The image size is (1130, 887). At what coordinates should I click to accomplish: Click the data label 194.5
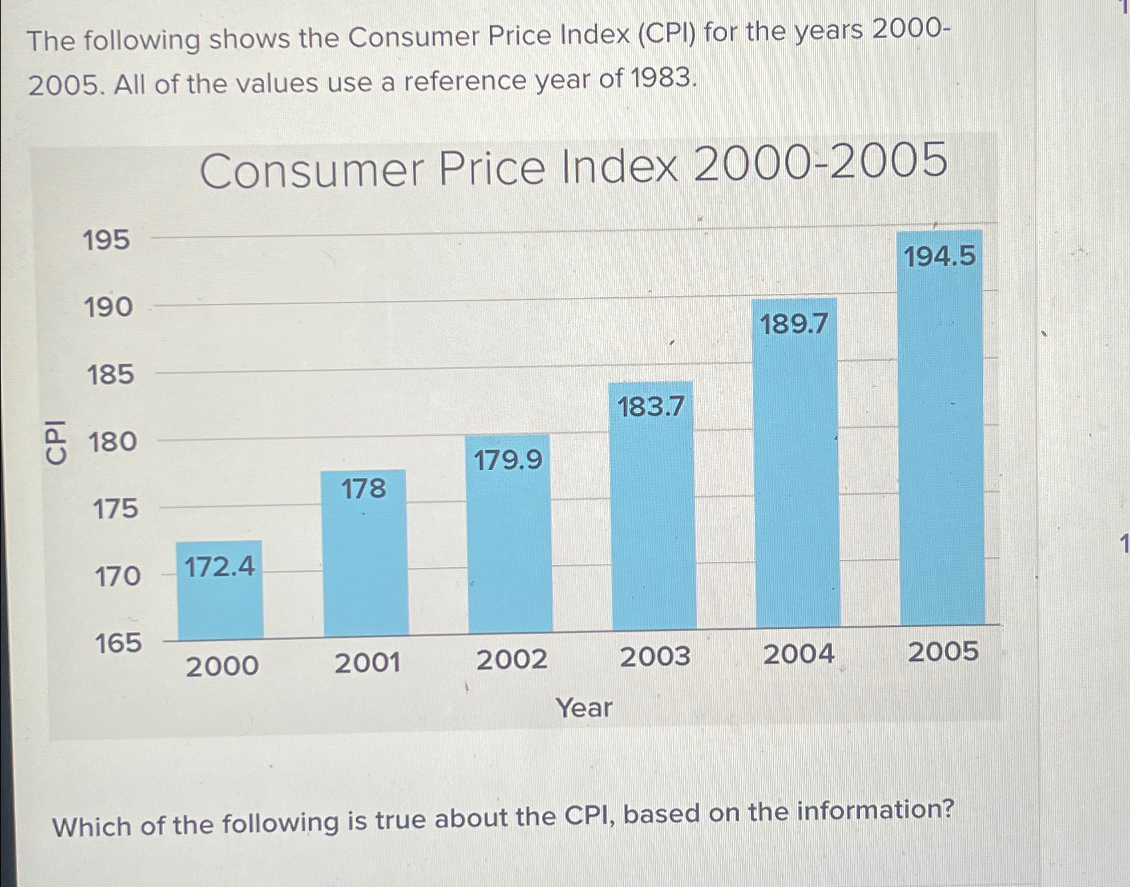(939, 256)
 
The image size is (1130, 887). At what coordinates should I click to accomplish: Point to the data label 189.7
(794, 324)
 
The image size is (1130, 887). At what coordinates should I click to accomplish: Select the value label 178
(363, 489)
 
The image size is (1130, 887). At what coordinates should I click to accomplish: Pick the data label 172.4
(219, 567)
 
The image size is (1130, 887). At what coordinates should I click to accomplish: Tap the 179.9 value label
(508, 459)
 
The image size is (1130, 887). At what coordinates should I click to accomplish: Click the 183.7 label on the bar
(650, 406)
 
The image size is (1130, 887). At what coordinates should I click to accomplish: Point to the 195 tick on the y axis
(106, 240)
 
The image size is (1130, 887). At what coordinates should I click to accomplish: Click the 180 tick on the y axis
(113, 442)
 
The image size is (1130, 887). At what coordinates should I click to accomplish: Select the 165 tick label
(118, 643)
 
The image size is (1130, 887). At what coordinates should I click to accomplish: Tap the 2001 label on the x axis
(367, 663)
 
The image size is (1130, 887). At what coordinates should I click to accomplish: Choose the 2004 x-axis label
(798, 654)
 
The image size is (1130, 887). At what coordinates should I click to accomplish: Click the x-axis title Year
(584, 707)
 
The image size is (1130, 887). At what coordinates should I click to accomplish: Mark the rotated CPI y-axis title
(56, 442)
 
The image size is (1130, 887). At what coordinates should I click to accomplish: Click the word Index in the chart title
(619, 168)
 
